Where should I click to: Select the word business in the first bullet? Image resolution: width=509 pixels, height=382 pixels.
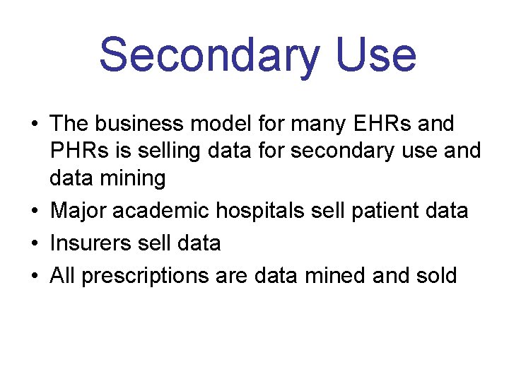[x=144, y=124]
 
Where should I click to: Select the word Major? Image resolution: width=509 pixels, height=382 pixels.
[x=74, y=210]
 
